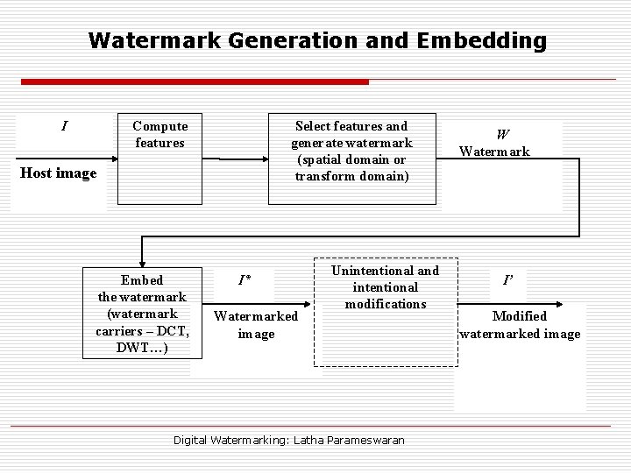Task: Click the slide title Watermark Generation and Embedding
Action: pyautogui.click(x=317, y=40)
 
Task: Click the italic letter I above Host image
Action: pyautogui.click(x=63, y=126)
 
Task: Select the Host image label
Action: pyautogui.click(x=59, y=173)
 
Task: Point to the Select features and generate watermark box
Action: pyautogui.click(x=351, y=159)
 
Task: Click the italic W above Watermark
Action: pyautogui.click(x=502, y=135)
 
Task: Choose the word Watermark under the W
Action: pyautogui.click(x=496, y=152)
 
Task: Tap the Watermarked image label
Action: pyautogui.click(x=256, y=324)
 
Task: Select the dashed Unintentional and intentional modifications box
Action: pyautogui.click(x=386, y=310)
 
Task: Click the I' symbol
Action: pyautogui.click(x=508, y=281)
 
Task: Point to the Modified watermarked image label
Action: pyautogui.click(x=520, y=325)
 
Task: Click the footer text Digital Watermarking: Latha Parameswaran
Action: pyautogui.click(x=288, y=440)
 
